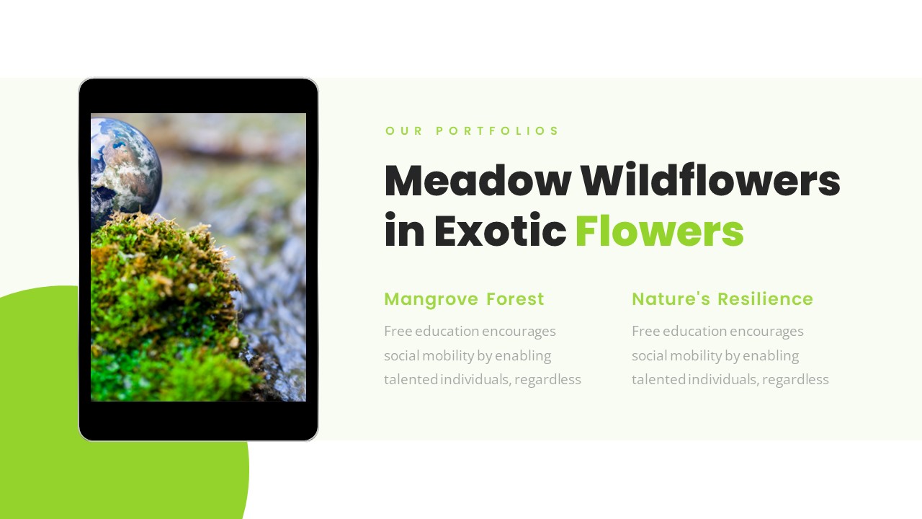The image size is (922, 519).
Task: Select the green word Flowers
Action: pyautogui.click(x=659, y=231)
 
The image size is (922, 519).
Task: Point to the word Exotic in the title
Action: pyautogui.click(x=500, y=231)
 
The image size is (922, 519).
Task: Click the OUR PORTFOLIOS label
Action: pyautogui.click(x=473, y=131)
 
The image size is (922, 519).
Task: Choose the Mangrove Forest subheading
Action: pyautogui.click(x=464, y=299)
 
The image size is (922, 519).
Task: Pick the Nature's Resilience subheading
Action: pyautogui.click(x=722, y=299)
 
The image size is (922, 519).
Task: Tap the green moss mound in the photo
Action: pyautogui.click(x=166, y=303)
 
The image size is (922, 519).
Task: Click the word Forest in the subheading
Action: pyautogui.click(x=515, y=299)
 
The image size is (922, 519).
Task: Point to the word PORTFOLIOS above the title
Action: pyautogui.click(x=497, y=131)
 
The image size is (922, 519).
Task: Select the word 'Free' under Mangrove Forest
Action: pyautogui.click(x=398, y=332)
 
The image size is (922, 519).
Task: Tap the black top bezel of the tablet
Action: pyautogui.click(x=198, y=96)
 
